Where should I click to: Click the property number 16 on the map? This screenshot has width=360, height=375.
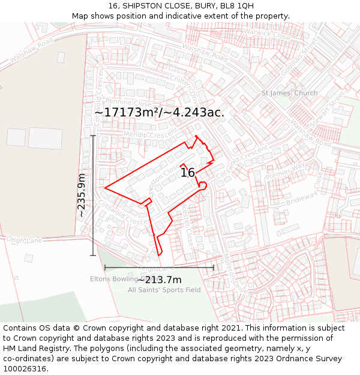[x=188, y=173]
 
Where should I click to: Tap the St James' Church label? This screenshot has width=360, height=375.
[x=289, y=93]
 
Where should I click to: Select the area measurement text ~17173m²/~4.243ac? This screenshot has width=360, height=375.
[x=159, y=112]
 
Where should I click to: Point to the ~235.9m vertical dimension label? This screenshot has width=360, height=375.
[x=82, y=195]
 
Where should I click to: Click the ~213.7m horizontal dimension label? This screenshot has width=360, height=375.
[x=160, y=280]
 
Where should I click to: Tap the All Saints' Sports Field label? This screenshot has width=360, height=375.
[x=164, y=290]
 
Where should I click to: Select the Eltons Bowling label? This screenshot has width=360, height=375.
[x=114, y=278]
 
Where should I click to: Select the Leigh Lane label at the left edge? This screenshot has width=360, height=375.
[x=25, y=240]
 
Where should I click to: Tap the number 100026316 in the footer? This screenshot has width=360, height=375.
[x=25, y=368]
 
